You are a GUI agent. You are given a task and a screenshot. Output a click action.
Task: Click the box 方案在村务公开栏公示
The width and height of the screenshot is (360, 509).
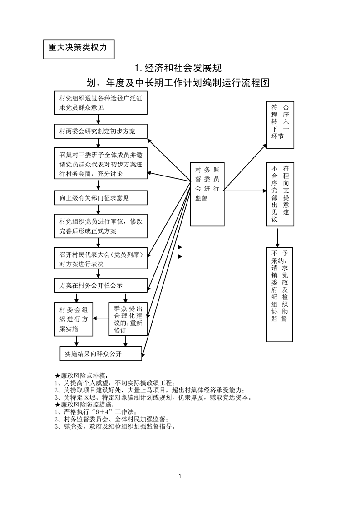101,285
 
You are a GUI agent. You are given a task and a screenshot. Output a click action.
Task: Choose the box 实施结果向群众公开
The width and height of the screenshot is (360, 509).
101,353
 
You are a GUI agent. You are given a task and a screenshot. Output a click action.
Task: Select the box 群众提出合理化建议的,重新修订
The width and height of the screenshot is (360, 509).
128,319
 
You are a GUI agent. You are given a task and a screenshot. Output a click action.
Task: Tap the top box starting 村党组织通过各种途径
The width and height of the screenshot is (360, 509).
101,103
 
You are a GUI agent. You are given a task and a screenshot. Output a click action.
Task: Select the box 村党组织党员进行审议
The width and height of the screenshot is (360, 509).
101,226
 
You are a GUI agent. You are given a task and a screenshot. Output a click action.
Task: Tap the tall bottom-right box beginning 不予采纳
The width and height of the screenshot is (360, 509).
280,294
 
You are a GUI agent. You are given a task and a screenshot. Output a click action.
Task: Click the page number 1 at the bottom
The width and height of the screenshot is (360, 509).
180,476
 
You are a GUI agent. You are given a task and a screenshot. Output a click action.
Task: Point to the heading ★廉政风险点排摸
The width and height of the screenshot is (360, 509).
80,376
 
